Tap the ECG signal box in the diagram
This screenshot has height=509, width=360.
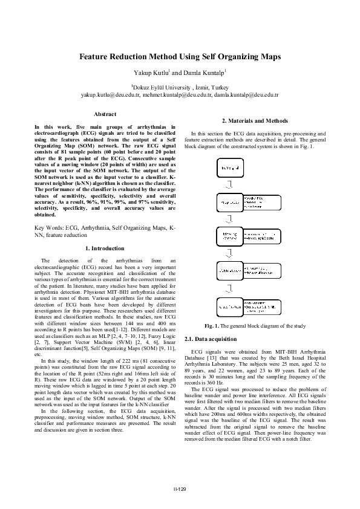[x=230, y=167]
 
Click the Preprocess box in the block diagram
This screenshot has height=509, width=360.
[x=230, y=202]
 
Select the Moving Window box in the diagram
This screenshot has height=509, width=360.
[x=230, y=236]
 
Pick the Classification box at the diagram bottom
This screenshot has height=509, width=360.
[x=230, y=306]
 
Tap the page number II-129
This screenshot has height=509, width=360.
[x=180, y=488]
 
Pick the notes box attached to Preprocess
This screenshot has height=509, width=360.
[x=261, y=202]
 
